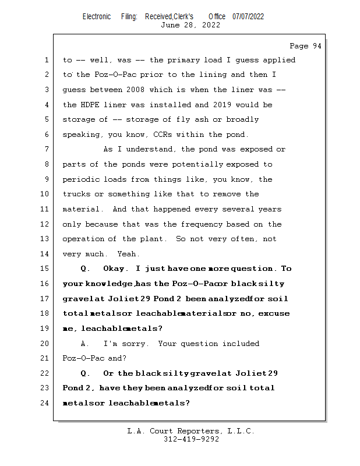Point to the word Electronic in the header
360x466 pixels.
point(97,16)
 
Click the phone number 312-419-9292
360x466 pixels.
point(191,439)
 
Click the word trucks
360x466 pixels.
point(76,194)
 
